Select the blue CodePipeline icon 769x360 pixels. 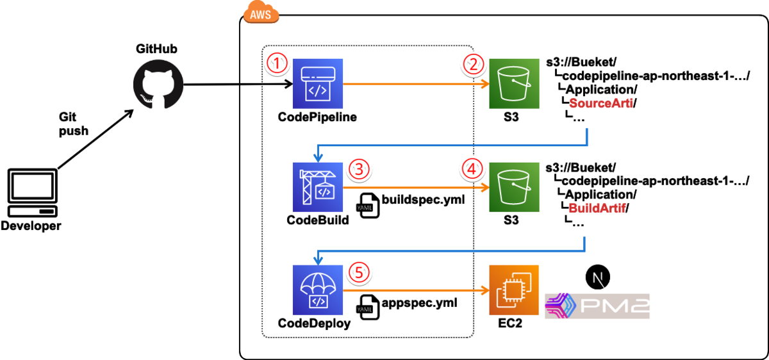tap(318, 83)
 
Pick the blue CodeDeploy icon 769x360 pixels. tap(317, 290)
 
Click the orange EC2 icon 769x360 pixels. tap(513, 290)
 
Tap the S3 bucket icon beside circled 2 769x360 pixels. tap(513, 83)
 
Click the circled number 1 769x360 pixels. tap(277, 63)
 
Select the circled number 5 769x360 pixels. tap(360, 272)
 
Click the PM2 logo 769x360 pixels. tap(597, 306)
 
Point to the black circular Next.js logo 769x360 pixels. tap(597, 277)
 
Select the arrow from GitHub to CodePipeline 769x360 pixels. tap(237, 84)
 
